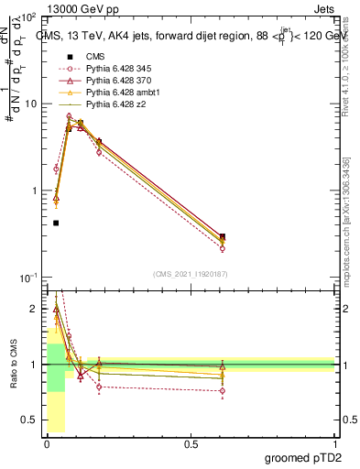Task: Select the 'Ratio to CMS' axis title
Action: [x=12, y=364]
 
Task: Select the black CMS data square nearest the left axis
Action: [x=56, y=223]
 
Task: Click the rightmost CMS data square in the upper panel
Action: [x=222, y=236]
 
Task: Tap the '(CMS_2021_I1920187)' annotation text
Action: [x=191, y=273]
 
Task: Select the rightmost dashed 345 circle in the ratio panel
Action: [x=222, y=390]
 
